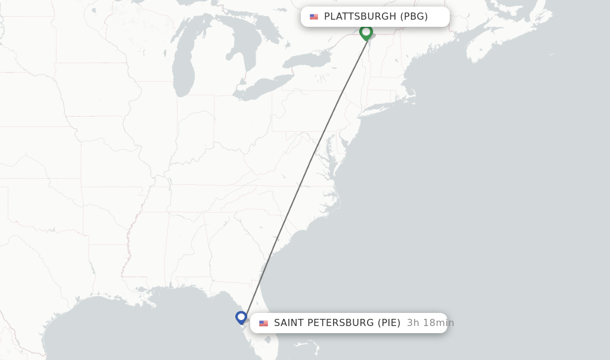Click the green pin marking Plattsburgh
tap(366, 32)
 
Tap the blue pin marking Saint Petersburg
tap(241, 317)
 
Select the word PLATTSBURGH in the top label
tap(359, 17)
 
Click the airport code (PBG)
tap(413, 17)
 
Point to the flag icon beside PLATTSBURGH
tap(314, 17)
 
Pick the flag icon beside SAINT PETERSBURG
tap(263, 323)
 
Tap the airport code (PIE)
tap(389, 323)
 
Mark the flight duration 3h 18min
tap(430, 323)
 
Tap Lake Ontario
tap(310, 60)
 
